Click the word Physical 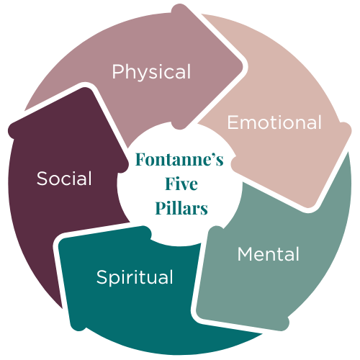pyautogui.click(x=151, y=72)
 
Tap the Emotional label pyautogui.click(x=274, y=122)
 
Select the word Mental pyautogui.click(x=269, y=254)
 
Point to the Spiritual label pyautogui.click(x=135, y=277)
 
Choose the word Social pyautogui.click(x=64, y=179)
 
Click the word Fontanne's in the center pyautogui.click(x=179, y=159)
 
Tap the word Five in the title pyautogui.click(x=181, y=184)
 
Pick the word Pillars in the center pyautogui.click(x=181, y=208)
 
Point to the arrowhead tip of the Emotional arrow pyautogui.click(x=310, y=207)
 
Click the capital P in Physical pyautogui.click(x=118, y=71)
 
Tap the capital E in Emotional pyautogui.click(x=233, y=122)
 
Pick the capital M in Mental pyautogui.click(x=246, y=254)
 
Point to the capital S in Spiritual pyautogui.click(x=102, y=276)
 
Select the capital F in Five pyautogui.click(x=170, y=184)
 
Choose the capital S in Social pyautogui.click(x=42, y=179)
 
